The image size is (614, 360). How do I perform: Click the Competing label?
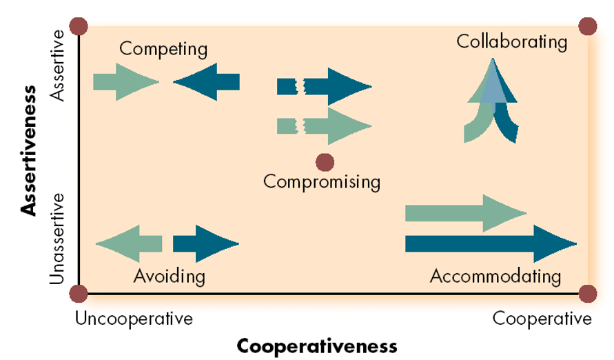163,49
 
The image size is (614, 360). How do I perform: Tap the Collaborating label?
512,41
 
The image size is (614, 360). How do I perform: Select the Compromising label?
322,182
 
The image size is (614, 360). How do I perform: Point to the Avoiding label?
170,277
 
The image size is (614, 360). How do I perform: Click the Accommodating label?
495,277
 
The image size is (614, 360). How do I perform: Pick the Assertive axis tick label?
59,66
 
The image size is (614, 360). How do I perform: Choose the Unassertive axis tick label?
59,238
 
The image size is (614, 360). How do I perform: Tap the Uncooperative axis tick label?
134,319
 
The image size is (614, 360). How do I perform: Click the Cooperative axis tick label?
542,319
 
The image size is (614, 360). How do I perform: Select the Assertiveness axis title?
29,150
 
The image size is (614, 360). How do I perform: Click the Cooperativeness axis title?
317,345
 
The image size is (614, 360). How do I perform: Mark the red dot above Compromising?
325,163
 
